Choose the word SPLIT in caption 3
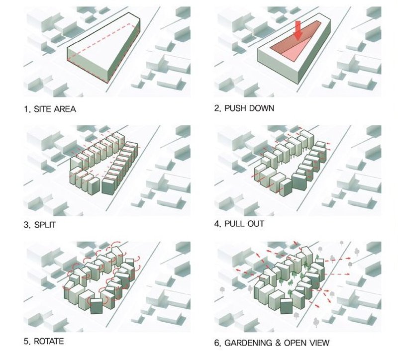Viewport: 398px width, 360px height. pos(44,225)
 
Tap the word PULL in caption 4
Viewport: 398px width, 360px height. pos(236,224)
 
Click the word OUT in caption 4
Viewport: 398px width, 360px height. pos(256,224)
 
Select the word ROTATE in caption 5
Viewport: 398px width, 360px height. pos(47,342)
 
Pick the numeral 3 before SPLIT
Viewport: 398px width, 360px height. pos(26,225)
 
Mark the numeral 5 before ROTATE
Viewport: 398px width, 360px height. pos(26,342)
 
